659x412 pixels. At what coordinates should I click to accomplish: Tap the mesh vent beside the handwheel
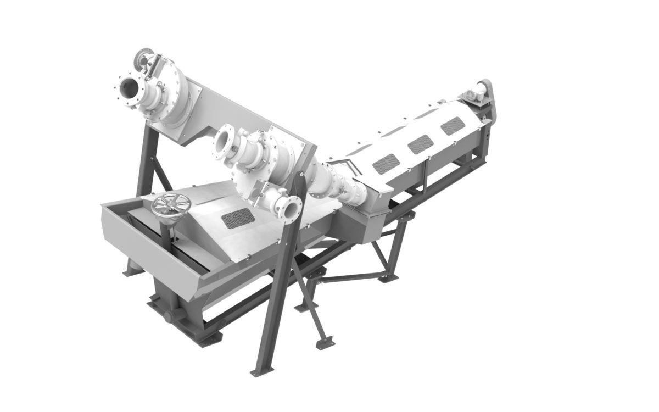237,219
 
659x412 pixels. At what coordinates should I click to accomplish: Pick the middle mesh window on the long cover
419,144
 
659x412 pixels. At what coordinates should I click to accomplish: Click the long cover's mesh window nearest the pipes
386,163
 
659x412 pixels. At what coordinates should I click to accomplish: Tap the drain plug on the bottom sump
166,318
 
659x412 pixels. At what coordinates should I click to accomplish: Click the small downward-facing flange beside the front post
290,209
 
